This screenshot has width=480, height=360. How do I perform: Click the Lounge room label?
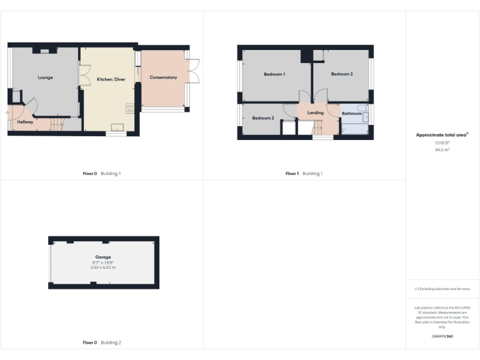45,77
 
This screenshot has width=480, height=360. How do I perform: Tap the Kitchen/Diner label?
111,79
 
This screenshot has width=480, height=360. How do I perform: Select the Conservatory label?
163,77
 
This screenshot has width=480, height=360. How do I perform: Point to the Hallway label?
25,122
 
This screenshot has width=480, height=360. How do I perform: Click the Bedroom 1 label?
274,74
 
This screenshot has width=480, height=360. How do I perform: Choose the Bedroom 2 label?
342,74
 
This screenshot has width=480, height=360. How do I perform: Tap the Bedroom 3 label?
263,117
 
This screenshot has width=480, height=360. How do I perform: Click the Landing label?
316,112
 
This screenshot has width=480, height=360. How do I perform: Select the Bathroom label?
351,113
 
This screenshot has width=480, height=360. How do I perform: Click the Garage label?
103,257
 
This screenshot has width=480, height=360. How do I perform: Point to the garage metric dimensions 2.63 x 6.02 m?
103,267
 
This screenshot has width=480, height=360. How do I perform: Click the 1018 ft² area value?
442,143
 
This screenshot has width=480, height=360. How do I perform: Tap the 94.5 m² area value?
442,150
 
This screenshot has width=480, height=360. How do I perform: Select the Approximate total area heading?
442,134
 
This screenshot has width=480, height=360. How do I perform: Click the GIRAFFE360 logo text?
442,337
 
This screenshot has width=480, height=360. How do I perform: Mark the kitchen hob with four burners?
130,107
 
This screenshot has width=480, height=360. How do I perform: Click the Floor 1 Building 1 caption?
304,173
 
